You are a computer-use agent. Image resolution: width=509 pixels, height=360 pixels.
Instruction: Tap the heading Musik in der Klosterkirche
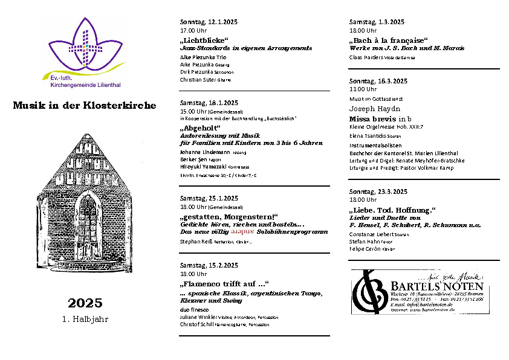[x=84, y=106]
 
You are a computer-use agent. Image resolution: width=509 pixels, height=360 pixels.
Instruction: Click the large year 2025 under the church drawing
[x=85, y=303]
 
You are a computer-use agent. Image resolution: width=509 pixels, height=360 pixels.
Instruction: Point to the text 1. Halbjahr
[x=85, y=319]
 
